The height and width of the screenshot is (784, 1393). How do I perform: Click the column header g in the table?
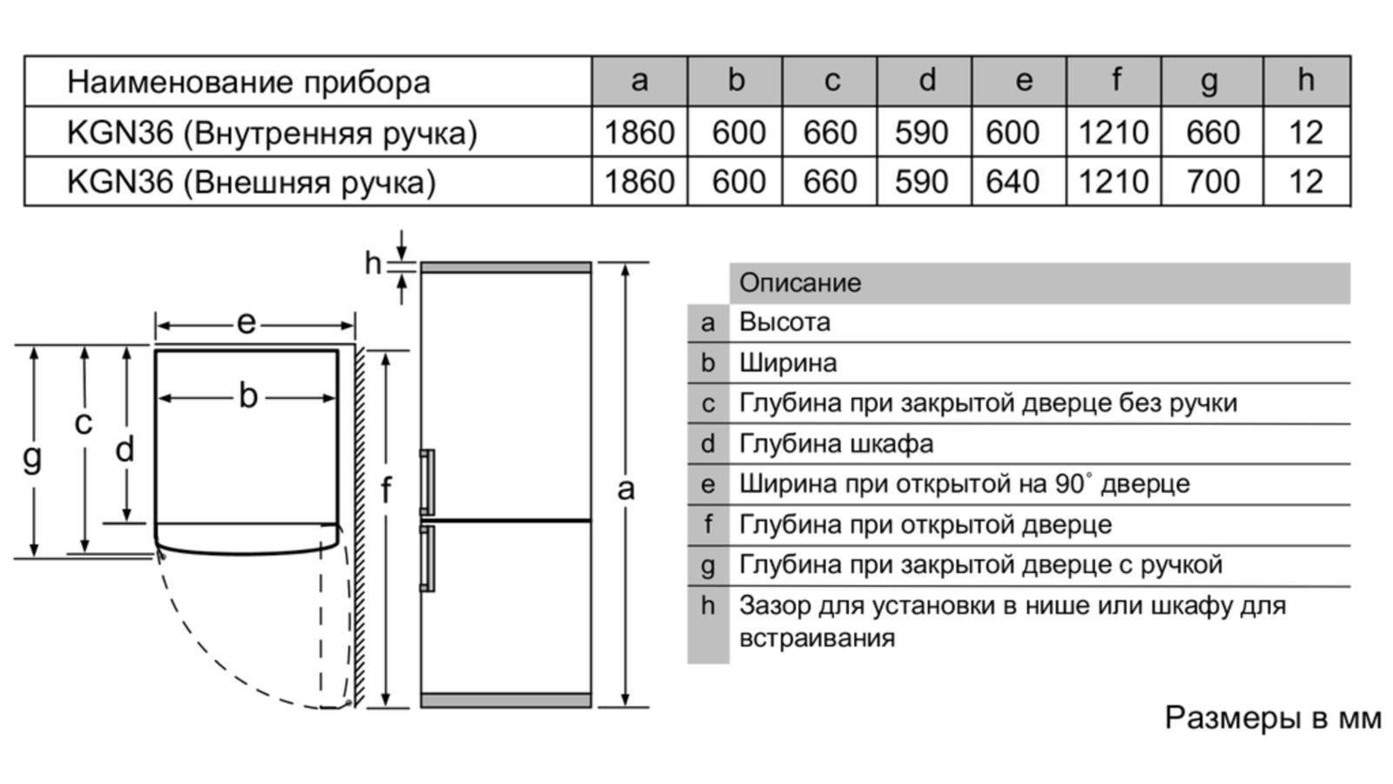(1209, 82)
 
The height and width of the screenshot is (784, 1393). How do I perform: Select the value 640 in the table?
(1013, 182)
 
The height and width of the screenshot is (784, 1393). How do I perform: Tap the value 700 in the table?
(1213, 182)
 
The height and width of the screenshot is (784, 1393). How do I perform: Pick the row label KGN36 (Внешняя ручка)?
(252, 182)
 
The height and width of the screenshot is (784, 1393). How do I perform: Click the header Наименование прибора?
(249, 82)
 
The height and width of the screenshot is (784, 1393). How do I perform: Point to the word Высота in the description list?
(784, 322)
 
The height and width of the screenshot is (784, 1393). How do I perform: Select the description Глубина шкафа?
(837, 444)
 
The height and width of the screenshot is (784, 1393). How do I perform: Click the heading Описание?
(800, 283)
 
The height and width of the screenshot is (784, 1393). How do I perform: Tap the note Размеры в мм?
(1273, 718)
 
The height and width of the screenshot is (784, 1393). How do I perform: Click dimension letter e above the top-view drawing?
(246, 323)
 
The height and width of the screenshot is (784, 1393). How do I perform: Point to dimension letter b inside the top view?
(248, 395)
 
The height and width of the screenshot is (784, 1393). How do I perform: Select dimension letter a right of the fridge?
(626, 490)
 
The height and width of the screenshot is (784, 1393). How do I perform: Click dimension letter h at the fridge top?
(373, 263)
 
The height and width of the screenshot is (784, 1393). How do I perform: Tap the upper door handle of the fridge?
(427, 482)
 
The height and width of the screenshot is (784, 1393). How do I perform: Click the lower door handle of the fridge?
(427, 558)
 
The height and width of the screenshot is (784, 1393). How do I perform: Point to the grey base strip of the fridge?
(506, 700)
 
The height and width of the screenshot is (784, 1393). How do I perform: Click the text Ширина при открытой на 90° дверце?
(965, 484)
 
